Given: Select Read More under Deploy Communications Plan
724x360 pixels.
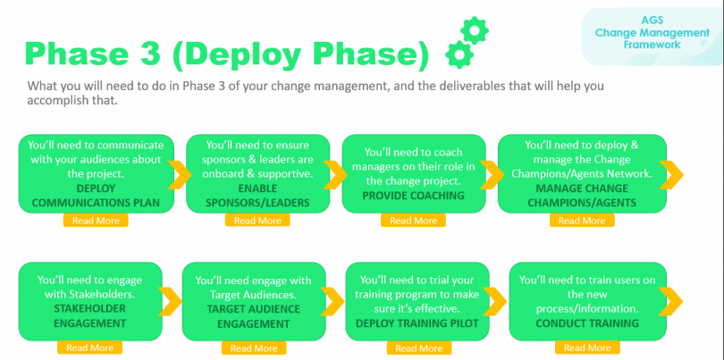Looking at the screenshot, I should pyautogui.click(x=96, y=220).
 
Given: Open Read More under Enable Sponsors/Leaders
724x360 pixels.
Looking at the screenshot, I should pyautogui.click(x=257, y=220).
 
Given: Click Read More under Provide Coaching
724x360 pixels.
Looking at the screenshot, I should pyautogui.click(x=413, y=220).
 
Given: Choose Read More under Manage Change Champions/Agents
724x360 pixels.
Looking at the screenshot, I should pyautogui.click(x=582, y=220).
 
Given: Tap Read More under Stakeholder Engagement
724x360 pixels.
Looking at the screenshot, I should pyautogui.click(x=89, y=347).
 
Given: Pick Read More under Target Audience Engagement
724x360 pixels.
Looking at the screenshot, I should pyautogui.click(x=254, y=347).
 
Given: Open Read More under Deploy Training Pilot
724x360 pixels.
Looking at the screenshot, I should pyautogui.click(x=418, y=347).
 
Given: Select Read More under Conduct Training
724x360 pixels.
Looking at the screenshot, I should pyautogui.click(x=587, y=347).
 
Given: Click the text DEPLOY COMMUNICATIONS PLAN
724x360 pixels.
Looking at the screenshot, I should pyautogui.click(x=96, y=195).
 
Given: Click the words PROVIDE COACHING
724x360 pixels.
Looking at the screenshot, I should pyautogui.click(x=413, y=195).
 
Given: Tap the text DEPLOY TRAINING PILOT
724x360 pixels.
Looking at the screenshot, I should pyautogui.click(x=418, y=322).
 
